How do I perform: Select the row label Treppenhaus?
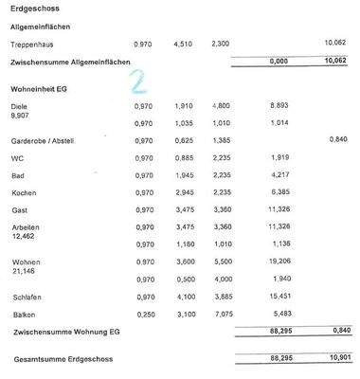pos(31,45)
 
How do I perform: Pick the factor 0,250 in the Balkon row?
pos(143,314)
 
